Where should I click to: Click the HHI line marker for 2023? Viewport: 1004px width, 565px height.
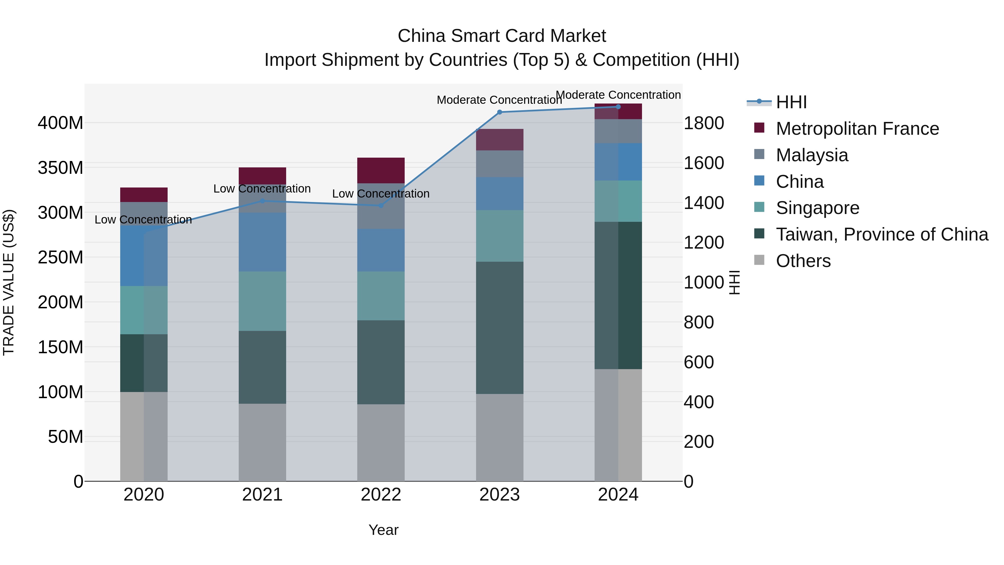(x=500, y=112)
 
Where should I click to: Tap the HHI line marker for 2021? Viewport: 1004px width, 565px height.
(x=262, y=201)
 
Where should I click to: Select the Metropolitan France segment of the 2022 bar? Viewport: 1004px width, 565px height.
(x=381, y=170)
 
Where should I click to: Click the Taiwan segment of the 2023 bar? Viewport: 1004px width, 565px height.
(x=500, y=328)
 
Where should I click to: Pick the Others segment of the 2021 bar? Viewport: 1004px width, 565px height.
(x=262, y=442)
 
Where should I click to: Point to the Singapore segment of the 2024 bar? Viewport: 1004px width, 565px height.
(x=618, y=201)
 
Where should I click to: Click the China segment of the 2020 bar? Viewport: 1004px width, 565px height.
(x=144, y=256)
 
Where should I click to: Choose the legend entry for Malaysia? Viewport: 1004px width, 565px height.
(x=812, y=155)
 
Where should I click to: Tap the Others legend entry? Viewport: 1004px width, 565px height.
(x=803, y=261)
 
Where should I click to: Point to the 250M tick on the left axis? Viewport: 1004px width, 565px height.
(x=61, y=257)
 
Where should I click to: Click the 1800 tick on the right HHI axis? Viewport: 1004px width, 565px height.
(x=704, y=123)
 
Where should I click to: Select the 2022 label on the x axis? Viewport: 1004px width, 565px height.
(x=381, y=495)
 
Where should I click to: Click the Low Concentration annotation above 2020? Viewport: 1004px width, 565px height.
(x=143, y=220)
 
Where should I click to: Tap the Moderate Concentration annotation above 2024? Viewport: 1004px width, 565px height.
(x=618, y=95)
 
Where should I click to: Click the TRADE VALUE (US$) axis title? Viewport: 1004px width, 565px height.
(x=9, y=282)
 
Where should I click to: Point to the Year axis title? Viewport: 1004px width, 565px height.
(x=383, y=530)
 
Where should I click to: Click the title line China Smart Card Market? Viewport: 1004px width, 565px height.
(x=502, y=36)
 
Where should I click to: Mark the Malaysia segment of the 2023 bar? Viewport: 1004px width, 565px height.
(x=500, y=164)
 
